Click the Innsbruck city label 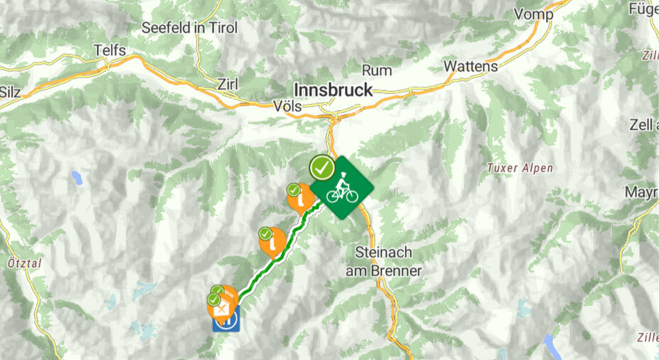(x=332, y=90)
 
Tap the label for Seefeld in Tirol (x=190, y=28)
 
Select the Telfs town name (x=110, y=50)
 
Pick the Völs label (x=288, y=107)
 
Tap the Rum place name (x=377, y=70)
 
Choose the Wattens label (x=470, y=66)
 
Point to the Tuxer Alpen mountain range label (x=519, y=168)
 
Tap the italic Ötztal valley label (x=23, y=263)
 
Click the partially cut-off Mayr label (x=641, y=192)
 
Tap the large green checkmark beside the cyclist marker (x=322, y=168)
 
